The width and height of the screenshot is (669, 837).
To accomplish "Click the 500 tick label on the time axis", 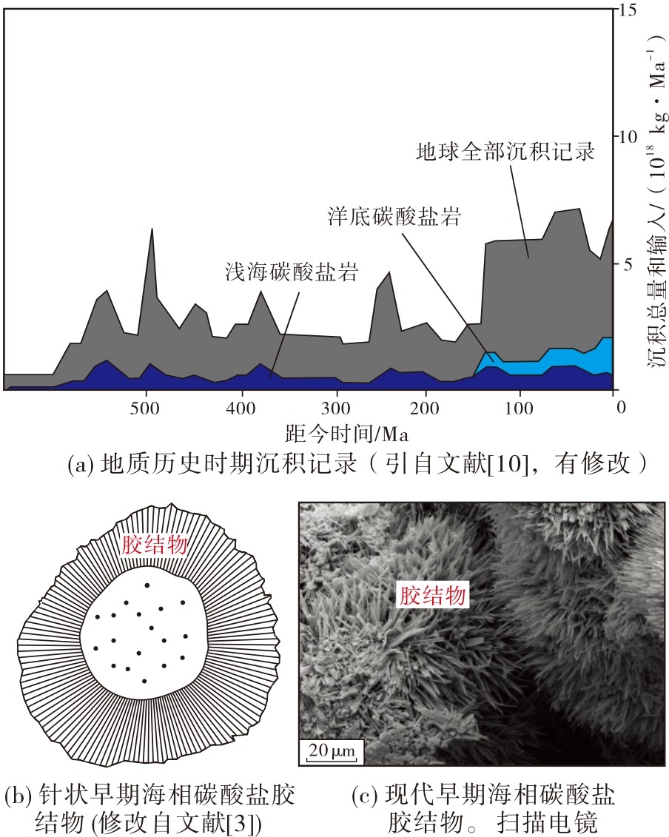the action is (x=145, y=409).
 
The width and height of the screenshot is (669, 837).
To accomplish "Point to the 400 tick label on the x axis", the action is (x=241, y=409).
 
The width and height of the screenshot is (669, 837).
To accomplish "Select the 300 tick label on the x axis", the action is (x=335, y=409).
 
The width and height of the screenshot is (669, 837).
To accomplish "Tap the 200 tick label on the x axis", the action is (x=425, y=409).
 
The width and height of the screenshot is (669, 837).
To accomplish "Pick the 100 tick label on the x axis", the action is (x=519, y=409).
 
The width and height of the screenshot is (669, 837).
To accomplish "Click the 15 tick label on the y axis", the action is (x=628, y=10).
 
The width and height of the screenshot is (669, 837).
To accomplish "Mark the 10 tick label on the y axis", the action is (x=628, y=137).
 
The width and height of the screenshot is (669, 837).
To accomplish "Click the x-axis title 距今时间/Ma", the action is (x=347, y=434).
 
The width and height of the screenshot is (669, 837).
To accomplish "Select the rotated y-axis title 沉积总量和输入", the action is (x=656, y=288).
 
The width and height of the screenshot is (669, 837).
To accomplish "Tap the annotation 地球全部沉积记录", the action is (x=505, y=152).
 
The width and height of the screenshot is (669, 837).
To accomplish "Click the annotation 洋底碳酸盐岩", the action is (x=394, y=216).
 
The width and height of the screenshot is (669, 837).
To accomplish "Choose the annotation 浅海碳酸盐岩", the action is (x=291, y=272).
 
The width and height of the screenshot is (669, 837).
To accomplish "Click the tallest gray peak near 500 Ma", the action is (x=152, y=229).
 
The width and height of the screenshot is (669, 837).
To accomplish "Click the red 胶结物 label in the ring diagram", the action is (x=155, y=545).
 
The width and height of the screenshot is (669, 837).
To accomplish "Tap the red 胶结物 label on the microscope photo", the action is (x=433, y=595).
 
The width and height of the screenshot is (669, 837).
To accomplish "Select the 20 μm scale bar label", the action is (x=332, y=750).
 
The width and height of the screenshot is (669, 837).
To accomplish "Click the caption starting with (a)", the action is (x=357, y=463).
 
